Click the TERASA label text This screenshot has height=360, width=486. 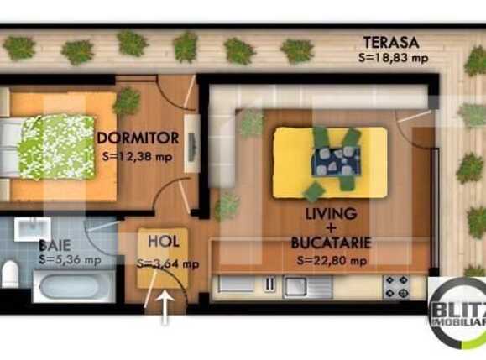click(389, 42)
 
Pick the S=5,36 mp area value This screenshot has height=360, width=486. click(70, 259)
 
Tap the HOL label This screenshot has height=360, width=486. click(164, 242)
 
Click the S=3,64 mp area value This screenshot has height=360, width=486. click(168, 263)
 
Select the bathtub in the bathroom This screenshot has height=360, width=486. click(71, 293)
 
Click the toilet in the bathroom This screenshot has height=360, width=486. click(10, 274)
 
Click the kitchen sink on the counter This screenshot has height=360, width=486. click(297, 285)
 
